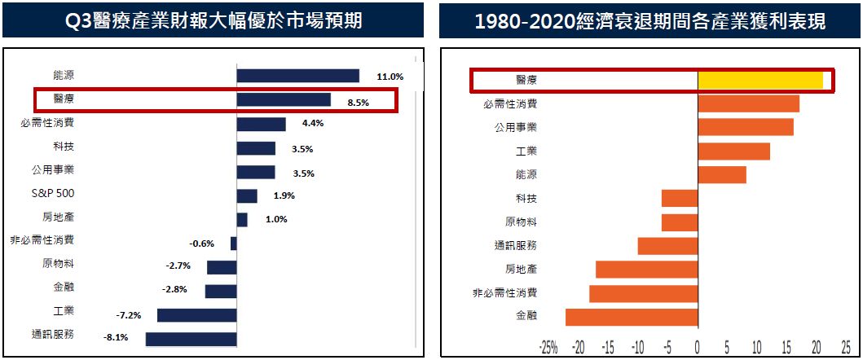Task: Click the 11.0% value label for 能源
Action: pyautogui.click(x=390, y=77)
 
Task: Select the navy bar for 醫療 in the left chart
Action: pyautogui.click(x=283, y=100)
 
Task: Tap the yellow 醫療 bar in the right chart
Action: pyautogui.click(x=760, y=80)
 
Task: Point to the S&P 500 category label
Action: pyautogui.click(x=53, y=195)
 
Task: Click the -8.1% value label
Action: pyautogui.click(x=115, y=338)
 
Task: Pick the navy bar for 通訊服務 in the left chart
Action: pyautogui.click(x=191, y=339)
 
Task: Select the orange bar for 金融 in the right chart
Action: pyautogui.click(x=632, y=317)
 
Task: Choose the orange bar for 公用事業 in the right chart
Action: pyautogui.click(x=745, y=127)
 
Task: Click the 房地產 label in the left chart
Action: pyautogui.click(x=58, y=218)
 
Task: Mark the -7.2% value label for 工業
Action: pyautogui.click(x=129, y=314)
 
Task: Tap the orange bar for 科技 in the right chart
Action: pyautogui.click(x=680, y=198)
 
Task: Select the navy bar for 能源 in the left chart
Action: pyautogui.click(x=297, y=76)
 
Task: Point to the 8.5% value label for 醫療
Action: pyautogui.click(x=358, y=103)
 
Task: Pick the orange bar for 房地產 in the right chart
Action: pyautogui.click(x=646, y=270)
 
